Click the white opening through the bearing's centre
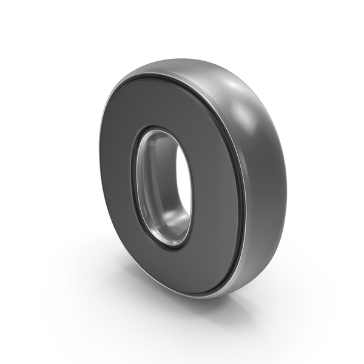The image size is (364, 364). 184,180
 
